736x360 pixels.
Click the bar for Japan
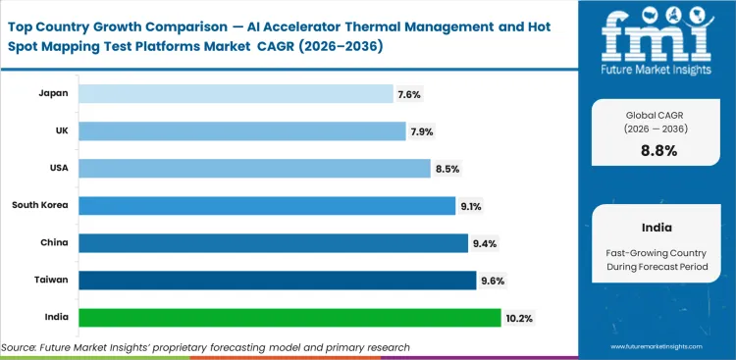(236, 93)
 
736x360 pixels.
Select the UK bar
(241, 130)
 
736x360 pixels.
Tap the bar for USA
(254, 169)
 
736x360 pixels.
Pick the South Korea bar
(267, 206)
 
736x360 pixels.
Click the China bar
(273, 242)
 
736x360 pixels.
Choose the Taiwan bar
(277, 281)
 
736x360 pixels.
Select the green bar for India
(289, 318)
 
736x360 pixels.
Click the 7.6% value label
(410, 94)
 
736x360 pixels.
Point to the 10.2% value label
(520, 318)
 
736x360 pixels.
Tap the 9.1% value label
(471, 206)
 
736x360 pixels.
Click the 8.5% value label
(447, 169)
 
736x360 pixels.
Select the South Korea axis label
(39, 205)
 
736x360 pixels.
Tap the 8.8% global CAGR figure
(657, 150)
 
